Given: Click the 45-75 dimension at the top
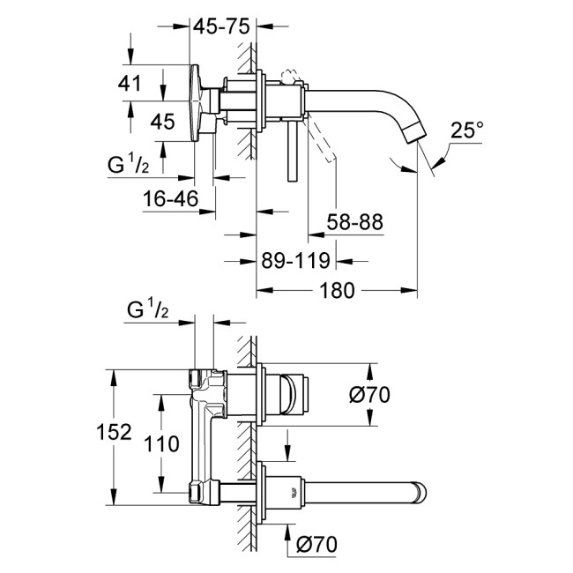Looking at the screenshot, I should [x=220, y=26].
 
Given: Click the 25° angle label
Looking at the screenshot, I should [x=468, y=130].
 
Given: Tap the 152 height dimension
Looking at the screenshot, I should [x=115, y=432].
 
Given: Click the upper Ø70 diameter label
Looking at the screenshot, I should [x=369, y=397].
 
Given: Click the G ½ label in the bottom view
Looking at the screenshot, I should [x=147, y=311].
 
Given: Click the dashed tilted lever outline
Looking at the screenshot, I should [x=324, y=141].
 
